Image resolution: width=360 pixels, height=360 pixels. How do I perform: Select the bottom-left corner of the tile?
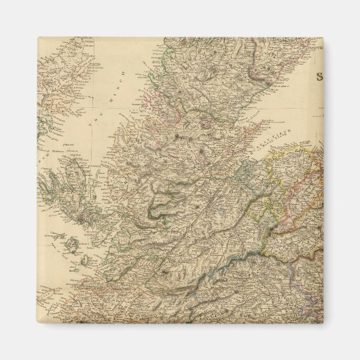(38, 323)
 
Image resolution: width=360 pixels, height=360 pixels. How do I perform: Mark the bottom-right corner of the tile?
(323, 323)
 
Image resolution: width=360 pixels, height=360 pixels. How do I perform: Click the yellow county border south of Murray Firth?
(272, 183)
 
